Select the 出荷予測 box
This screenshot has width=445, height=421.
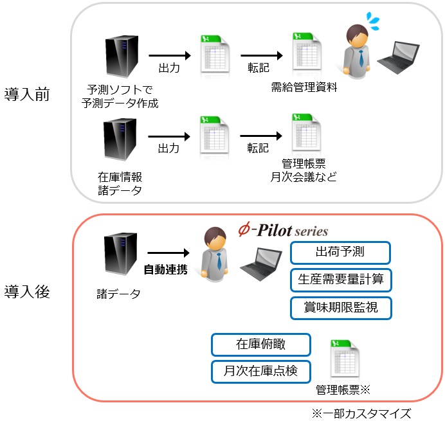(x=340, y=253)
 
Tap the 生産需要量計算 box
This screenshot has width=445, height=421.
(x=340, y=280)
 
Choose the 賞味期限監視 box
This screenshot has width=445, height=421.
(x=340, y=308)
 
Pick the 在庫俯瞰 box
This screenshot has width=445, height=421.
(x=260, y=344)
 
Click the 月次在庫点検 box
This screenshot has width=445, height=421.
(x=260, y=371)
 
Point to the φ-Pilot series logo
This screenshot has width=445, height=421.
(x=282, y=231)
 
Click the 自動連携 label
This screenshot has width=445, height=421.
(x=165, y=269)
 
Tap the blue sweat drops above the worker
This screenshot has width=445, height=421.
(x=372, y=21)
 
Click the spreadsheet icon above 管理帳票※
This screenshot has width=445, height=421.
(x=344, y=360)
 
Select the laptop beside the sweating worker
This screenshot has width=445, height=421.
(x=398, y=57)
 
